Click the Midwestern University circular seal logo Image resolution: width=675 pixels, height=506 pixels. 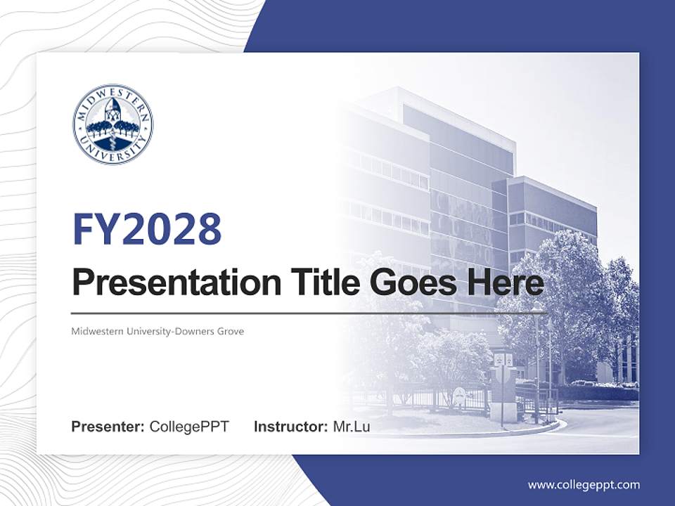pyautogui.click(x=112, y=124)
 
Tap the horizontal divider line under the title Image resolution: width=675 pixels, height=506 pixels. pyautogui.click(x=309, y=313)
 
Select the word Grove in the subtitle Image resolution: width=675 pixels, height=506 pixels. pyautogui.click(x=231, y=331)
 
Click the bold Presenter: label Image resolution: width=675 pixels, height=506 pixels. pyautogui.click(x=108, y=427)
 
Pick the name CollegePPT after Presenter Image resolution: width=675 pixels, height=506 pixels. pyautogui.click(x=189, y=427)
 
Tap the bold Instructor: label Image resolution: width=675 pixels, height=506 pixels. pyautogui.click(x=291, y=427)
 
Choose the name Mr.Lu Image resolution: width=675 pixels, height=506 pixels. pyautogui.click(x=352, y=427)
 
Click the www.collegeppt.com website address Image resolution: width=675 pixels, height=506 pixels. pyautogui.click(x=584, y=485)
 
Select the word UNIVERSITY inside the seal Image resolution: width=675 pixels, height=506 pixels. pyautogui.click(x=112, y=153)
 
